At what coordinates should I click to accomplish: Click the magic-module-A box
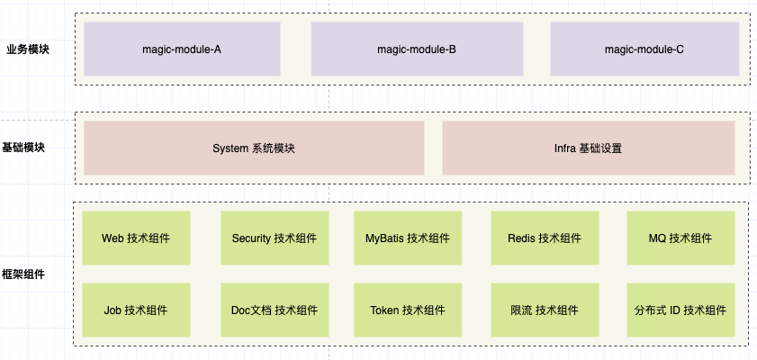pyautogui.click(x=182, y=49)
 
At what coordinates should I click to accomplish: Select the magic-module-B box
pyautogui.click(x=417, y=49)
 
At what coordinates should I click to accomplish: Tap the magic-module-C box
pyautogui.click(x=645, y=49)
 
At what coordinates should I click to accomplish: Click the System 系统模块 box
pyautogui.click(x=254, y=148)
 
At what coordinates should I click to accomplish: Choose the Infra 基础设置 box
pyautogui.click(x=589, y=148)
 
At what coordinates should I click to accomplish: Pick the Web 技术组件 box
pyautogui.click(x=136, y=238)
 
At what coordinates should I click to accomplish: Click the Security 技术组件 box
pyautogui.click(x=275, y=238)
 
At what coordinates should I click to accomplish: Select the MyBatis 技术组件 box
pyautogui.click(x=408, y=238)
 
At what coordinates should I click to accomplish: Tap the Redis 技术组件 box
pyautogui.click(x=545, y=238)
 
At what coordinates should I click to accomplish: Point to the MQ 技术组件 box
pyautogui.click(x=680, y=238)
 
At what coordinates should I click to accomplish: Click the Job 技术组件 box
pyautogui.click(x=136, y=310)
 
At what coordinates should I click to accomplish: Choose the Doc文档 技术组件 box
pyautogui.click(x=275, y=310)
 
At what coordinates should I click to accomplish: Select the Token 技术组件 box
pyautogui.click(x=408, y=310)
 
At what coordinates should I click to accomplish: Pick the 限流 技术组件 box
pyautogui.click(x=545, y=310)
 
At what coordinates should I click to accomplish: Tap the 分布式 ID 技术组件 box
pyautogui.click(x=680, y=310)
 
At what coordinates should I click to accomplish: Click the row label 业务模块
pyautogui.click(x=28, y=49)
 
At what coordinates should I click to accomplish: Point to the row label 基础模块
pyautogui.click(x=23, y=148)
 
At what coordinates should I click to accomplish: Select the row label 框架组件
pyautogui.click(x=23, y=274)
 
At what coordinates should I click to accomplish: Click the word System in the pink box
pyautogui.click(x=230, y=148)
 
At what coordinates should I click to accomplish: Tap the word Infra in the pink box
pyautogui.click(x=565, y=148)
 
